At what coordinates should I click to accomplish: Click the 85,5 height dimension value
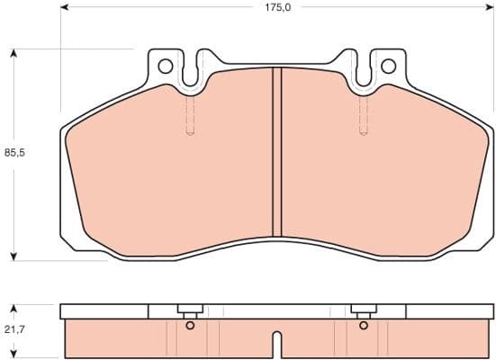click(x=14, y=153)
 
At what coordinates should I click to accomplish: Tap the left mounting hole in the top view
click(x=165, y=66)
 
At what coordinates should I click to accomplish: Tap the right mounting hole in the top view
click(x=388, y=66)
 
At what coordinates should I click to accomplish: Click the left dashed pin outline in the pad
click(x=189, y=114)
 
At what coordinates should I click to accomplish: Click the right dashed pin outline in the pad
click(x=364, y=114)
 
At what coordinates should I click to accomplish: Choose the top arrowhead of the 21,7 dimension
click(x=14, y=308)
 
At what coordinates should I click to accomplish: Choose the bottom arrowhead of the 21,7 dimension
click(x=14, y=354)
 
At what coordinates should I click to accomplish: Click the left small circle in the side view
click(x=189, y=326)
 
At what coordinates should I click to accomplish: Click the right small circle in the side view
click(x=364, y=326)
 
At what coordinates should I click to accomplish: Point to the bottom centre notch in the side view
click(x=277, y=346)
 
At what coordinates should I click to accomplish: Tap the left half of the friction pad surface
click(x=171, y=171)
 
